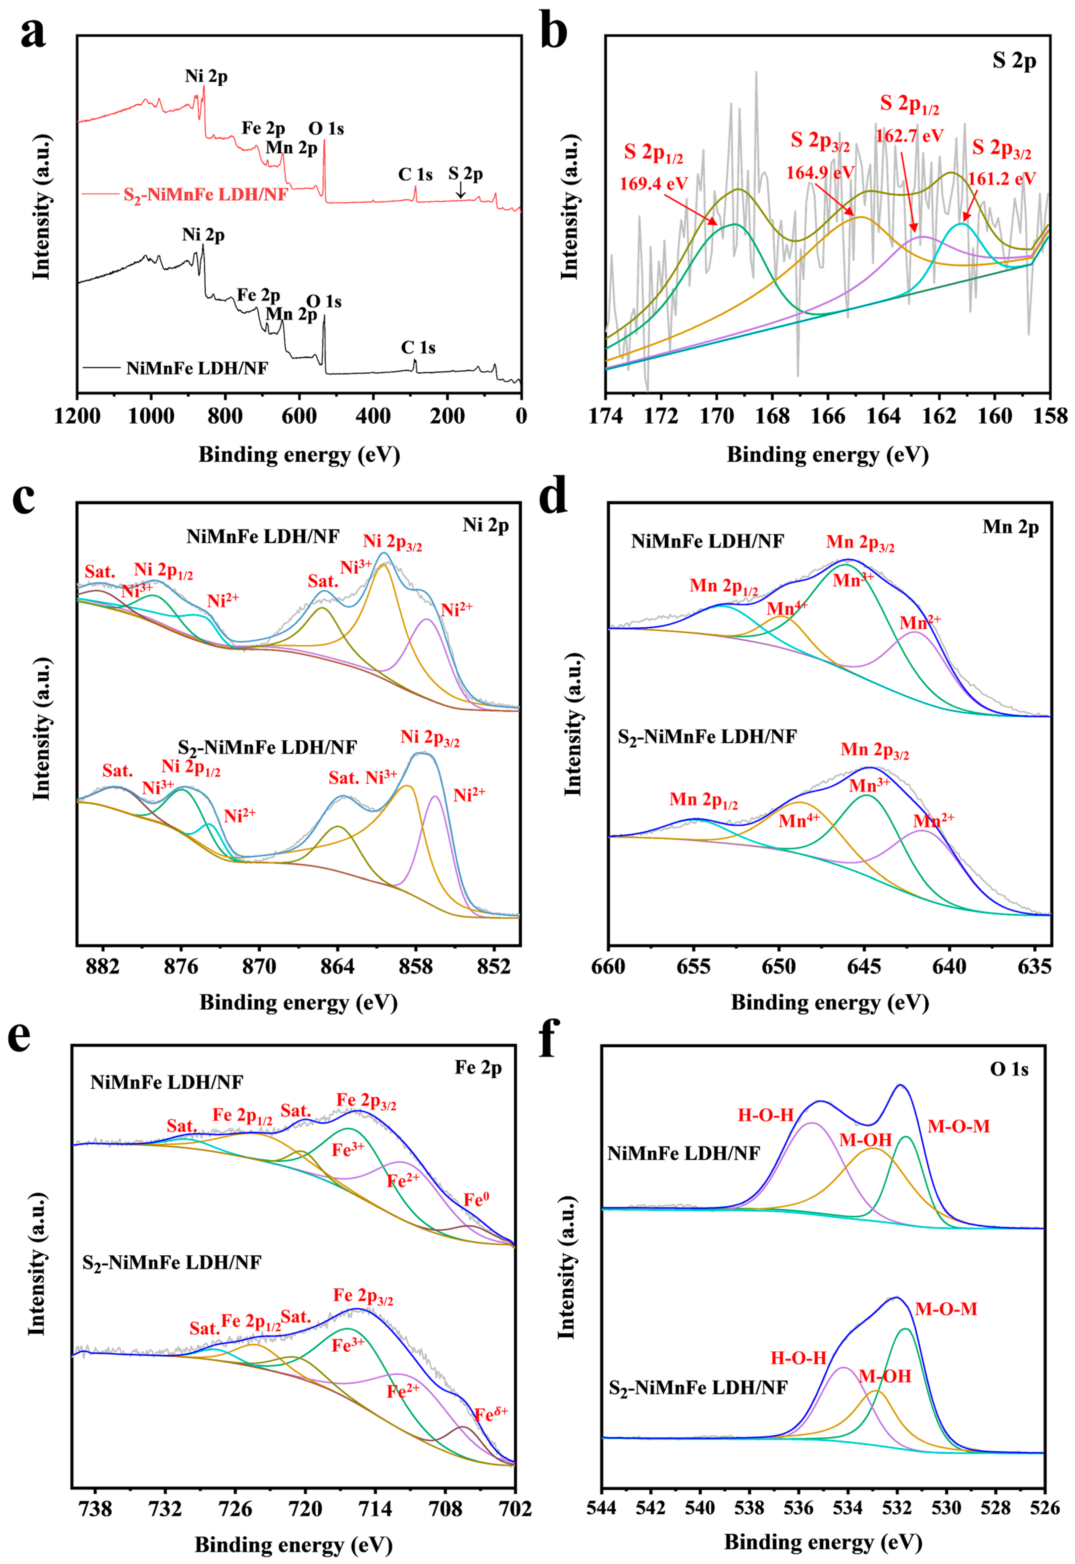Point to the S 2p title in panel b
(x=1014, y=61)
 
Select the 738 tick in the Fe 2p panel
(x=96, y=1503)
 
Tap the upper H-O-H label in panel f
(x=766, y=1115)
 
